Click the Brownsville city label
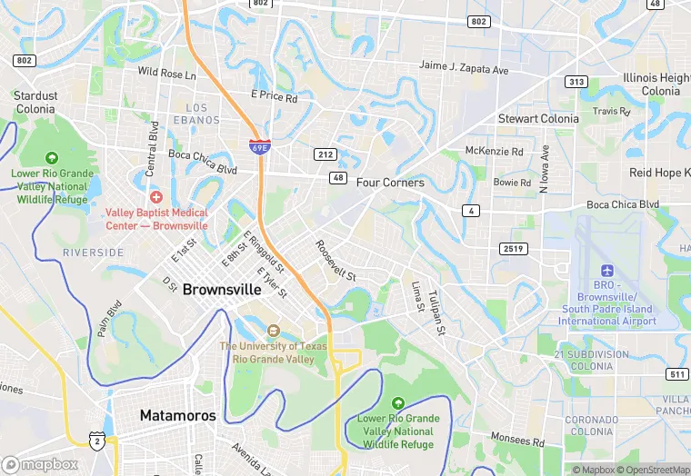[x=222, y=290]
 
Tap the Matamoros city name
[x=178, y=416]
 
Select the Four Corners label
[x=390, y=183]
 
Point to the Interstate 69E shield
[x=259, y=146]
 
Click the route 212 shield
[x=325, y=154]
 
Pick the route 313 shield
[x=576, y=82]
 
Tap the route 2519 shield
[x=513, y=249]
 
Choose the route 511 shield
[x=676, y=374]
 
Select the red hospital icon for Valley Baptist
[x=156, y=197]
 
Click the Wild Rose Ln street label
[x=166, y=73]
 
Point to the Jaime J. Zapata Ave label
[x=463, y=66]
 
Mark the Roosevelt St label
[x=335, y=260]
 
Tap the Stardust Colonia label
[x=35, y=102]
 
